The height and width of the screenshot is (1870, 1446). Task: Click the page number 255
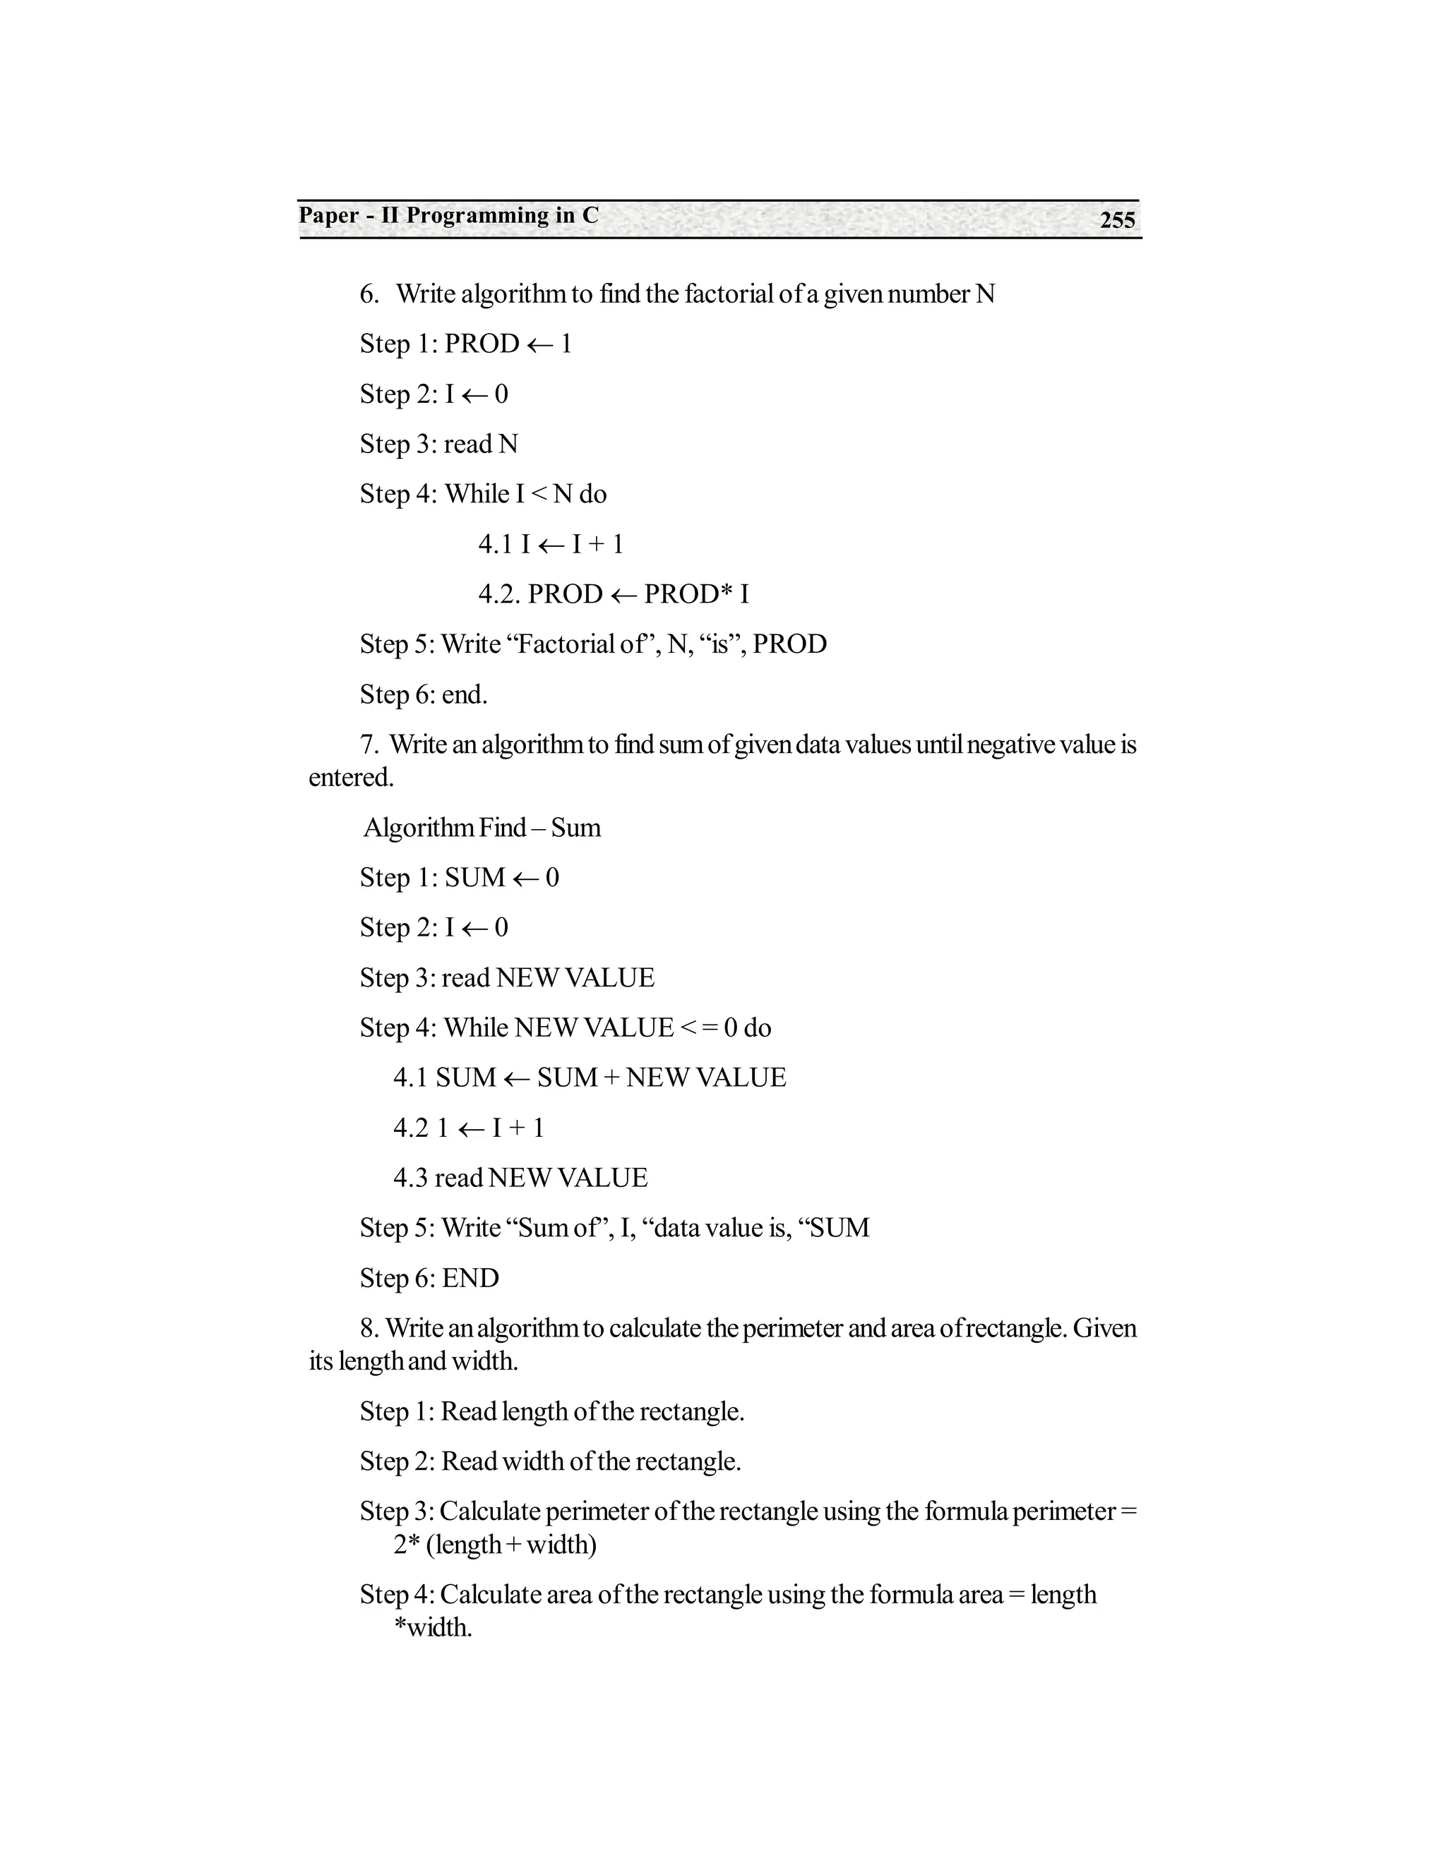pos(1117,220)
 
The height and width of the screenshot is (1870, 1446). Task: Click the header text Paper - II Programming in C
pos(448,216)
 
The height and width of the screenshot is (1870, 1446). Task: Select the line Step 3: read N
pos(438,445)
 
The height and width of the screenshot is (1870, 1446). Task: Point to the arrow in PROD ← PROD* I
pos(623,595)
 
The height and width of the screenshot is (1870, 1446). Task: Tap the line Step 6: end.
pos(423,694)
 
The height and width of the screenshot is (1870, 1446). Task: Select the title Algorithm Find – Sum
pos(482,828)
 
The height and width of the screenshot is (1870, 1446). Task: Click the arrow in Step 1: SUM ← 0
pos(525,879)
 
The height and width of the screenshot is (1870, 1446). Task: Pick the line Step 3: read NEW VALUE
pos(507,978)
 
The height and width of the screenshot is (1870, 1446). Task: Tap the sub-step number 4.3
pos(410,1178)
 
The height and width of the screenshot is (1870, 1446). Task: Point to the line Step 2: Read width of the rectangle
pos(550,1461)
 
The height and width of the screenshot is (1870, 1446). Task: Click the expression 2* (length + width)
pos(495,1545)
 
